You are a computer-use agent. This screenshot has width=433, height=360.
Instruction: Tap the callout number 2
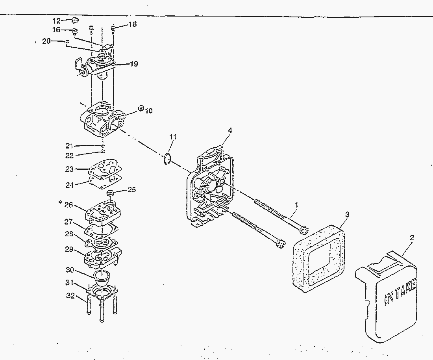[411, 238]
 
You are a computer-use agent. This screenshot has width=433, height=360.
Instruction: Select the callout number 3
[347, 214]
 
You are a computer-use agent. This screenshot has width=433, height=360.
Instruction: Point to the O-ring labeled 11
[167, 159]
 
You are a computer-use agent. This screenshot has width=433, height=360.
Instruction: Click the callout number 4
[230, 130]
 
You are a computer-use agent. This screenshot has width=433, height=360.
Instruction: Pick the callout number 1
[296, 205]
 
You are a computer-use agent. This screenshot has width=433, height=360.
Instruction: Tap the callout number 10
[148, 111]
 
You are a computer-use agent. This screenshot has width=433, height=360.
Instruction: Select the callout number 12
[57, 20]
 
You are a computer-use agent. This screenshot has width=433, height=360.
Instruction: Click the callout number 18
[133, 24]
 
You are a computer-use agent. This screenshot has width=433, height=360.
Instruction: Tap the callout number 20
[46, 41]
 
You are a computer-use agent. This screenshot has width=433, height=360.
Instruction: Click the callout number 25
[131, 190]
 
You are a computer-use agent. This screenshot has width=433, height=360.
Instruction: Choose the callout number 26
[69, 204]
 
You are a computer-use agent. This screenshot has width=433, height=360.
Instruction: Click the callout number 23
[69, 169]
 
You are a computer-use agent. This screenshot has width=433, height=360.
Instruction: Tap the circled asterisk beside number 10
[141, 108]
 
